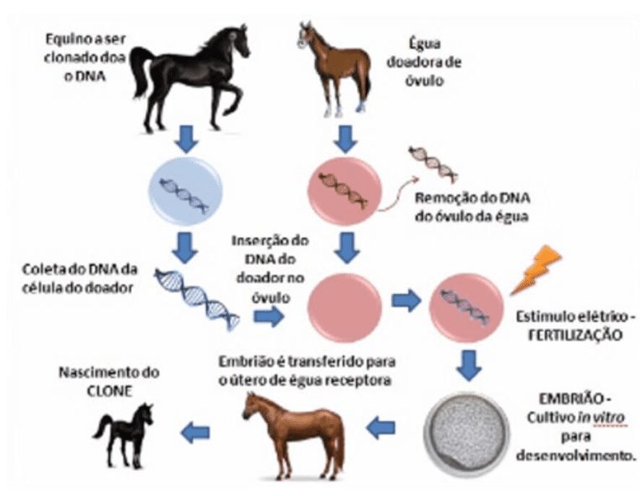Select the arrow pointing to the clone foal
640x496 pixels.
point(194,432)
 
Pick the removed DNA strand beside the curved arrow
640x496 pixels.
point(433,163)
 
